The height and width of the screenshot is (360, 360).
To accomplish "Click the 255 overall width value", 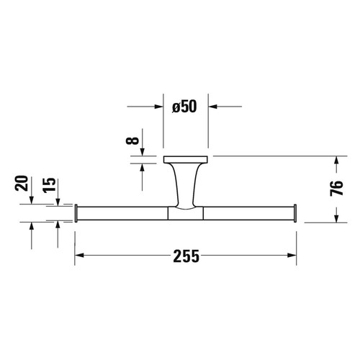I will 186,256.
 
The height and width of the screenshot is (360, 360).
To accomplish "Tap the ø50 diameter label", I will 186,108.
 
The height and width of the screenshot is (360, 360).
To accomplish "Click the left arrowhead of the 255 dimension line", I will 80,256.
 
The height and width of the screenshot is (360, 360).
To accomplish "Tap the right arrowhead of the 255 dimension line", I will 292,256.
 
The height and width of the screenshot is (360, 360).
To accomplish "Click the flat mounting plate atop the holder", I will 186,159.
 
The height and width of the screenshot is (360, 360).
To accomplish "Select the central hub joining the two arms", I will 186,212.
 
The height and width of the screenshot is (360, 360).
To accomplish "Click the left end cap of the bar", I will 76,213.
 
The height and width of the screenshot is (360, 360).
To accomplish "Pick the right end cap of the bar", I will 296,213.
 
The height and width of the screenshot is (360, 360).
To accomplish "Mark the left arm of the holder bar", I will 122,213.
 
